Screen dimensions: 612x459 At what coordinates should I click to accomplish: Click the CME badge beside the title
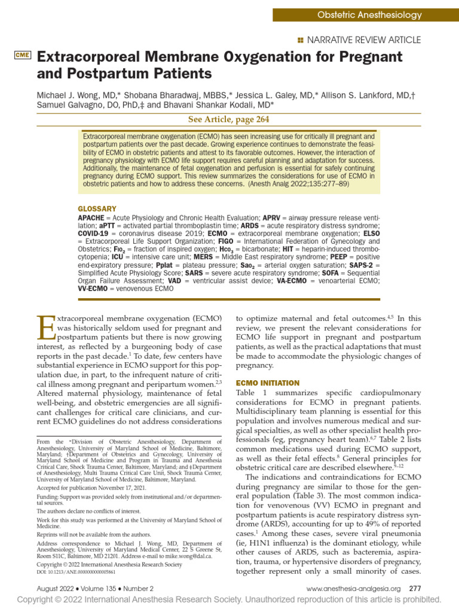click(x=22, y=56)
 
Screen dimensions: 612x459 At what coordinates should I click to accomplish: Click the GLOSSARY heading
click(x=97, y=209)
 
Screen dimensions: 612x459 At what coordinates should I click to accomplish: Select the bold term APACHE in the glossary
click(x=91, y=218)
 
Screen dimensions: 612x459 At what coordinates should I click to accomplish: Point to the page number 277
click(x=415, y=589)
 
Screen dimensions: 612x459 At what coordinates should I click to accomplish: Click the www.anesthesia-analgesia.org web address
click(x=353, y=589)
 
